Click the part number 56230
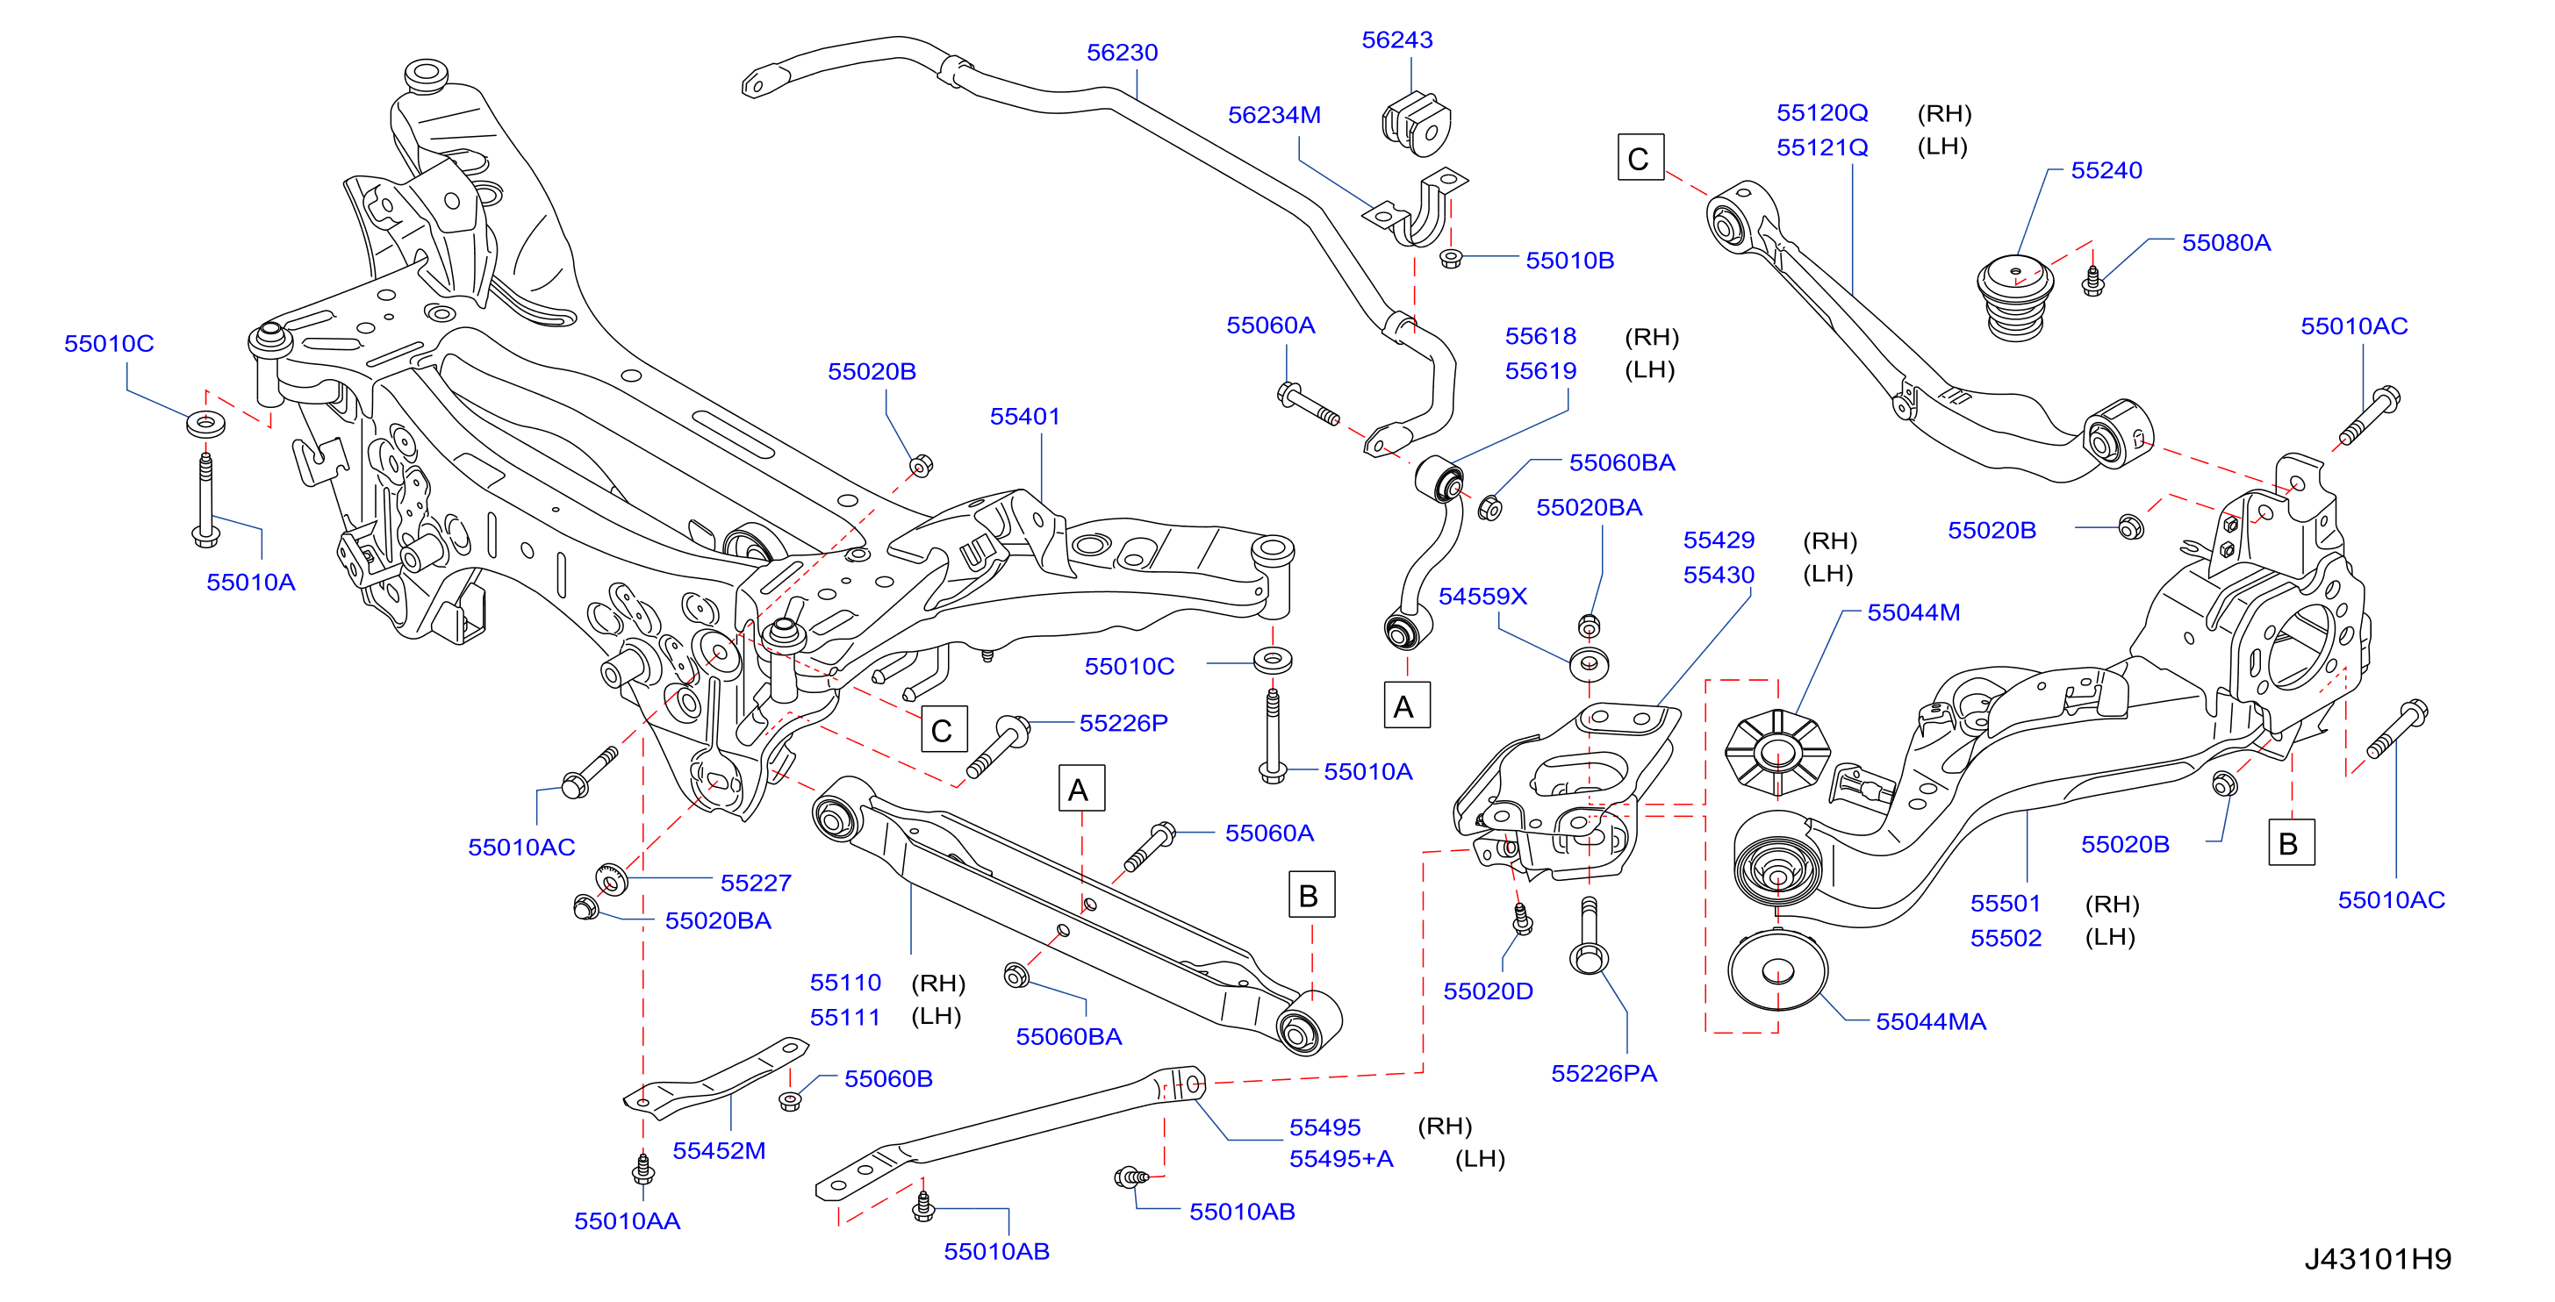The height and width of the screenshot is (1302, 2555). pos(1122,53)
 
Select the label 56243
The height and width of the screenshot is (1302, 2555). pos(1396,40)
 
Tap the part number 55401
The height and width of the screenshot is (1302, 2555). pos(1024,417)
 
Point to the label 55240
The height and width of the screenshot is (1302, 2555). pos(2106,170)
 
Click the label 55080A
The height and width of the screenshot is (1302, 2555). pos(2226,243)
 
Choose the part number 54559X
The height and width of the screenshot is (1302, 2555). pos(1482,597)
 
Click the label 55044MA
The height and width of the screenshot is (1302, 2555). pos(1930,1022)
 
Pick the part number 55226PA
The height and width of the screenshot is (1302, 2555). pos(1604,1074)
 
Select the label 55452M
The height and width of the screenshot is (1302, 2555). pos(719,1151)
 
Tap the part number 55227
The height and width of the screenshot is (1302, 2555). pos(756,883)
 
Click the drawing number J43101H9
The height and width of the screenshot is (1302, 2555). pos(2378,1259)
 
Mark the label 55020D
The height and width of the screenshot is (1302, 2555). pos(1488,991)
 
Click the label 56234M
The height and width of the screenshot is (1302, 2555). pos(1274,115)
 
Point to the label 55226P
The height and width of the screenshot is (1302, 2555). pos(1123,724)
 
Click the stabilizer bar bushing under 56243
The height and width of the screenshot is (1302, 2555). pos(1416,124)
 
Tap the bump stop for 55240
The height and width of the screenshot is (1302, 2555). pos(2015,297)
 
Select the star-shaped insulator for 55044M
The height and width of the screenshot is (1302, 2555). pos(1777,753)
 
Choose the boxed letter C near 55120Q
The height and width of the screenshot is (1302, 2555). pos(1640,158)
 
